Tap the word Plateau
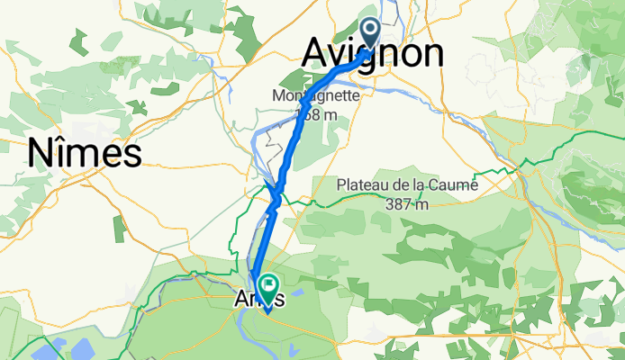[363, 185]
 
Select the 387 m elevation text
[406, 204]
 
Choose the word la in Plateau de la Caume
[422, 185]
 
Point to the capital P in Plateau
[341, 185]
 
